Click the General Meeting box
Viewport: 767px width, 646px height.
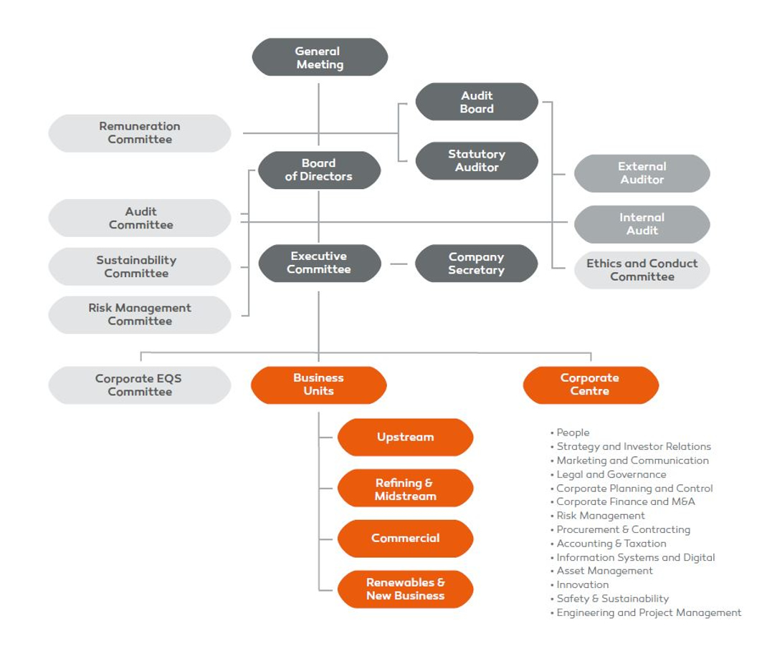[319, 57]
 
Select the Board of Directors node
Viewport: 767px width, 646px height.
[319, 170]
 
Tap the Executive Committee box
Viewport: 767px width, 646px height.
[319, 263]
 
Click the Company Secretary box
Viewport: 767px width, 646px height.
[476, 264]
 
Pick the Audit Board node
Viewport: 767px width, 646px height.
[477, 102]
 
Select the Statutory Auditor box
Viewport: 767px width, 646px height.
[477, 160]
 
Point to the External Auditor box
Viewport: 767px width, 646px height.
[642, 173]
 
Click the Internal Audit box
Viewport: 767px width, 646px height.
[642, 224]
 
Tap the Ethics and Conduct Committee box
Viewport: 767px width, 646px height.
[642, 270]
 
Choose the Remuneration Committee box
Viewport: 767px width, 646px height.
[140, 133]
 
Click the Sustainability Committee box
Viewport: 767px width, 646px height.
[140, 266]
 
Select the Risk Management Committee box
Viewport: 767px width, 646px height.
[140, 314]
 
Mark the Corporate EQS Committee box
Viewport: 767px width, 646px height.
[140, 385]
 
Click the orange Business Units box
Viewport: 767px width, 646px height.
[319, 385]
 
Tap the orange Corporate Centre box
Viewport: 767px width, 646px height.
[590, 385]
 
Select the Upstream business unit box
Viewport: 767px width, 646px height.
[405, 437]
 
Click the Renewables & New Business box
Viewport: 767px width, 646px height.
[405, 589]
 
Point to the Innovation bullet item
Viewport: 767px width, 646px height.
[583, 584]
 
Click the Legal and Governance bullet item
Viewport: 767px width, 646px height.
[611, 474]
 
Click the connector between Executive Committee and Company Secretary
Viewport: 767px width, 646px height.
[399, 264]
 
